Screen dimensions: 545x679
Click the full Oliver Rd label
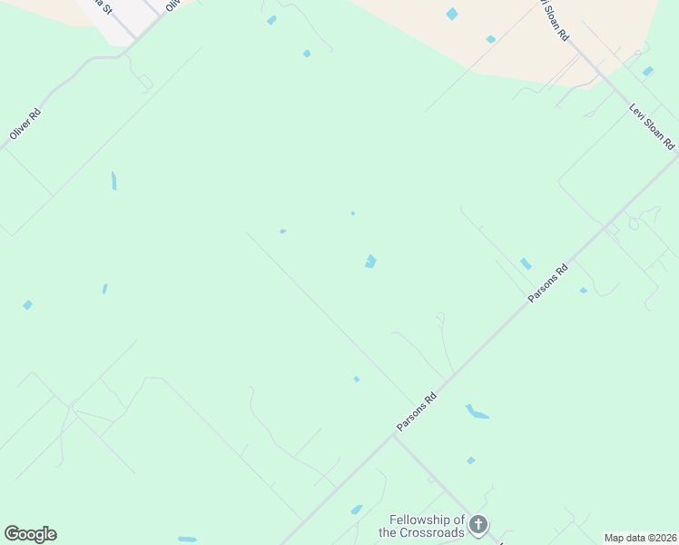point(25,124)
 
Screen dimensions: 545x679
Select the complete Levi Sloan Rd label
point(652,126)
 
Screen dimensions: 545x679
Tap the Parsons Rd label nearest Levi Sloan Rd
point(549,283)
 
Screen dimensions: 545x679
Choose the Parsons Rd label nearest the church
point(417,412)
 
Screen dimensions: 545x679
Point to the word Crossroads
point(421,532)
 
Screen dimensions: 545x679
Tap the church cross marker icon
point(478,524)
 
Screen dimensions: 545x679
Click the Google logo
point(30,534)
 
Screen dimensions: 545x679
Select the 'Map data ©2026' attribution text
point(640,538)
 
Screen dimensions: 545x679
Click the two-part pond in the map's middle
point(370,262)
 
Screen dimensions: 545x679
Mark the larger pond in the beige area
point(452,14)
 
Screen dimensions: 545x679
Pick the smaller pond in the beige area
point(490,39)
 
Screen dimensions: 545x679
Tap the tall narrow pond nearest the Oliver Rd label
point(113,180)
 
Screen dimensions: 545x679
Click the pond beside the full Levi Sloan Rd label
point(647,71)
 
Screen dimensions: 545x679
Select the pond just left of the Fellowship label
point(357,510)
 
